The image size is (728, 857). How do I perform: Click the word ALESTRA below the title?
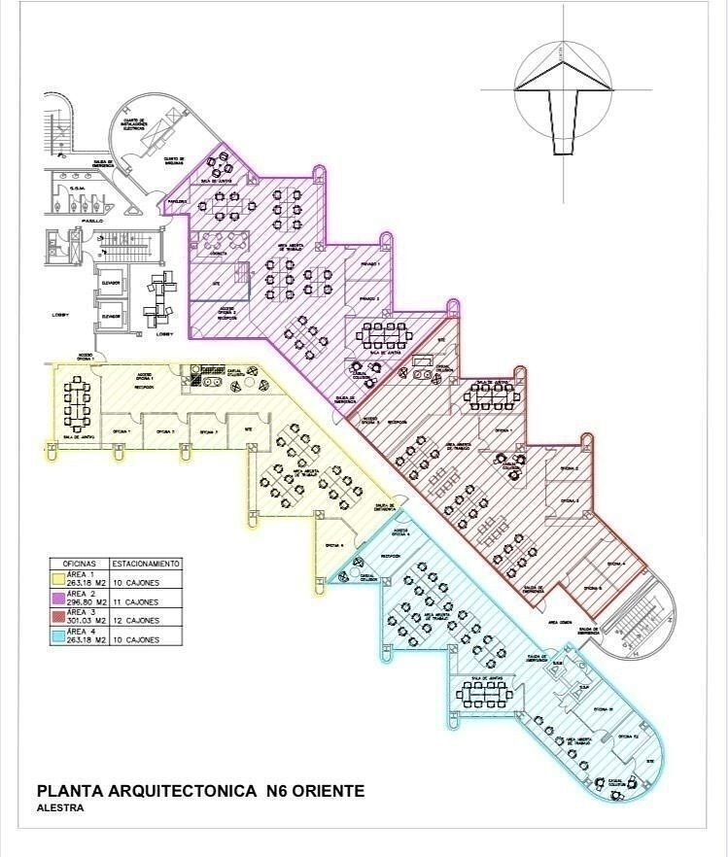click(59, 807)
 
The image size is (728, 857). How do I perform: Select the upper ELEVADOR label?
click(111, 284)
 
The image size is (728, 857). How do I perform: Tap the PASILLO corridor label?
click(92, 222)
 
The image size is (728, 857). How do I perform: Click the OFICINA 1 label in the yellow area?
click(121, 429)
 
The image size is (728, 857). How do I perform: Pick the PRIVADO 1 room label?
click(370, 263)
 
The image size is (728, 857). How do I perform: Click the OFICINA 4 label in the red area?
click(616, 564)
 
